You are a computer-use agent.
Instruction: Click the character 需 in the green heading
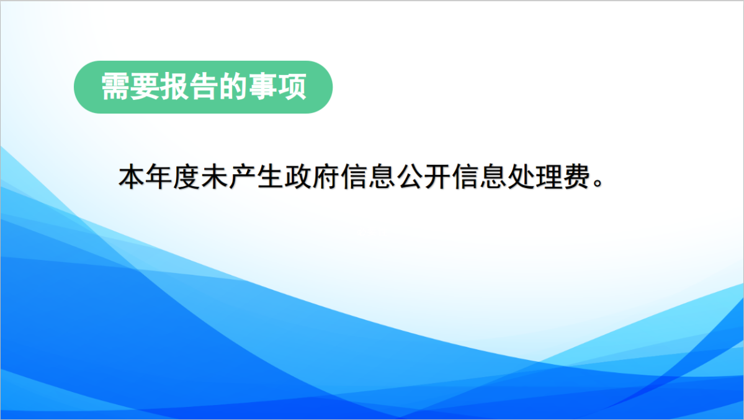115,87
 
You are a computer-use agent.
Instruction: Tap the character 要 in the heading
145,87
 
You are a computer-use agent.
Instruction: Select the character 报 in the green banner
174,87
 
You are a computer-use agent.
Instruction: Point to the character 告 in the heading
204,87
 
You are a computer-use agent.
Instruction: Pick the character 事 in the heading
262,87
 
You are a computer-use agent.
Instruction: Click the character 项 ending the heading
292,87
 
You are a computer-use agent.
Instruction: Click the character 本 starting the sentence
132,177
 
